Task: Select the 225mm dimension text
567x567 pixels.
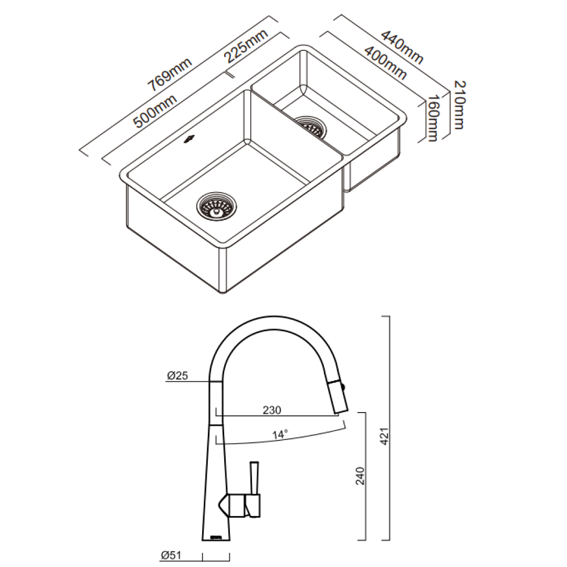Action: (x=246, y=49)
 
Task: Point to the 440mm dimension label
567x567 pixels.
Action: (x=402, y=48)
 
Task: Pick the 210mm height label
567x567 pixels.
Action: (x=457, y=104)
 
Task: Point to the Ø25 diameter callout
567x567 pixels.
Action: (x=177, y=375)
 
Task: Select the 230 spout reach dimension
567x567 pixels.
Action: (x=272, y=409)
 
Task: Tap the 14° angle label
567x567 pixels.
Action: (x=280, y=434)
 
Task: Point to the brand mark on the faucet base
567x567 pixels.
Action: (x=216, y=537)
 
